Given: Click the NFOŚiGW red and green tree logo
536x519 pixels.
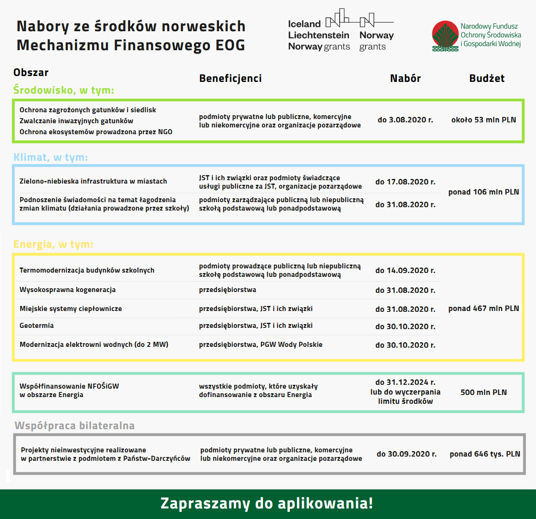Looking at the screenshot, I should (x=445, y=36).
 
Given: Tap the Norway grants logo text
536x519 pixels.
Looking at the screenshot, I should (x=376, y=41).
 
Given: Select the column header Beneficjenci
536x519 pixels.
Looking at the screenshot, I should (x=230, y=78).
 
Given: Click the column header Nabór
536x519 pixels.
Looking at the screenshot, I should (x=405, y=78).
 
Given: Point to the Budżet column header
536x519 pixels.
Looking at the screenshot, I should (x=487, y=78).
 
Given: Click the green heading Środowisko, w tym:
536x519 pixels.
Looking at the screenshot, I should (x=64, y=90).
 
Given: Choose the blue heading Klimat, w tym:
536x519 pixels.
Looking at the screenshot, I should (x=51, y=157).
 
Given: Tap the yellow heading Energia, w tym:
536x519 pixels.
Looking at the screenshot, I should (x=53, y=244).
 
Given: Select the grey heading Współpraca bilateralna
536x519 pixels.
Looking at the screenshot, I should (x=75, y=426).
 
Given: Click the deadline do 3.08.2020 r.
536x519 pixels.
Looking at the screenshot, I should (x=405, y=120).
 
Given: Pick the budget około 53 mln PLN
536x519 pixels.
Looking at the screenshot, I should (x=483, y=120).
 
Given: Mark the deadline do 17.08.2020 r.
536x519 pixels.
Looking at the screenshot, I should (x=405, y=182).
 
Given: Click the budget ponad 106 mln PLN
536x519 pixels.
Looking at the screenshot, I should (x=483, y=192).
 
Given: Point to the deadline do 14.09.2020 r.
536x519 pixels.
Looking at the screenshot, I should (x=405, y=270).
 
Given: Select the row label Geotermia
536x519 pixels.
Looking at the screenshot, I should (x=37, y=326).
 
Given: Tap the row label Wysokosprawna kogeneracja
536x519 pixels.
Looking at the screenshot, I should (x=67, y=290).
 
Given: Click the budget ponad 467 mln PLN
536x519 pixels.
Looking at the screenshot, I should (x=483, y=308).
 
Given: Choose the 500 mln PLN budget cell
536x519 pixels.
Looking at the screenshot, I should (x=483, y=392).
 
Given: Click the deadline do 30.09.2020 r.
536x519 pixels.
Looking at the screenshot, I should (x=407, y=454).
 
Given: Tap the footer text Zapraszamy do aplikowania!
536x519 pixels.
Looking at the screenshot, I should (x=267, y=503).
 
